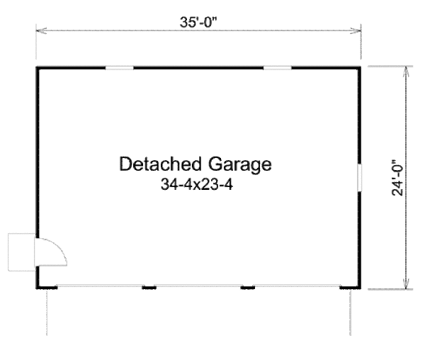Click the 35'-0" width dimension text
[x=198, y=22]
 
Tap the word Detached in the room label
[x=160, y=164]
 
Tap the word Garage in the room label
[x=239, y=165]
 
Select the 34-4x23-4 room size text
[x=197, y=184]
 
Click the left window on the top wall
[x=119, y=68]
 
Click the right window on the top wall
[x=277, y=68]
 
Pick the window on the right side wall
[x=359, y=178]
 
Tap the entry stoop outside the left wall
[x=22, y=252]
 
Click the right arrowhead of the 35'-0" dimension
[x=356, y=30]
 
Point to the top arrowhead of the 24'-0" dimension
[x=406, y=72]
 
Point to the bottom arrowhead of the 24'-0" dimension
[x=406, y=283]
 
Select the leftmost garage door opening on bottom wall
[x=99, y=286]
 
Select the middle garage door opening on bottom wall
[x=198, y=286]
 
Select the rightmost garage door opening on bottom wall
[x=297, y=286]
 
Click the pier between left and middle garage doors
[x=149, y=287]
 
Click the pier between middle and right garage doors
[x=248, y=287]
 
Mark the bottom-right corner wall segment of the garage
[x=350, y=287]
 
